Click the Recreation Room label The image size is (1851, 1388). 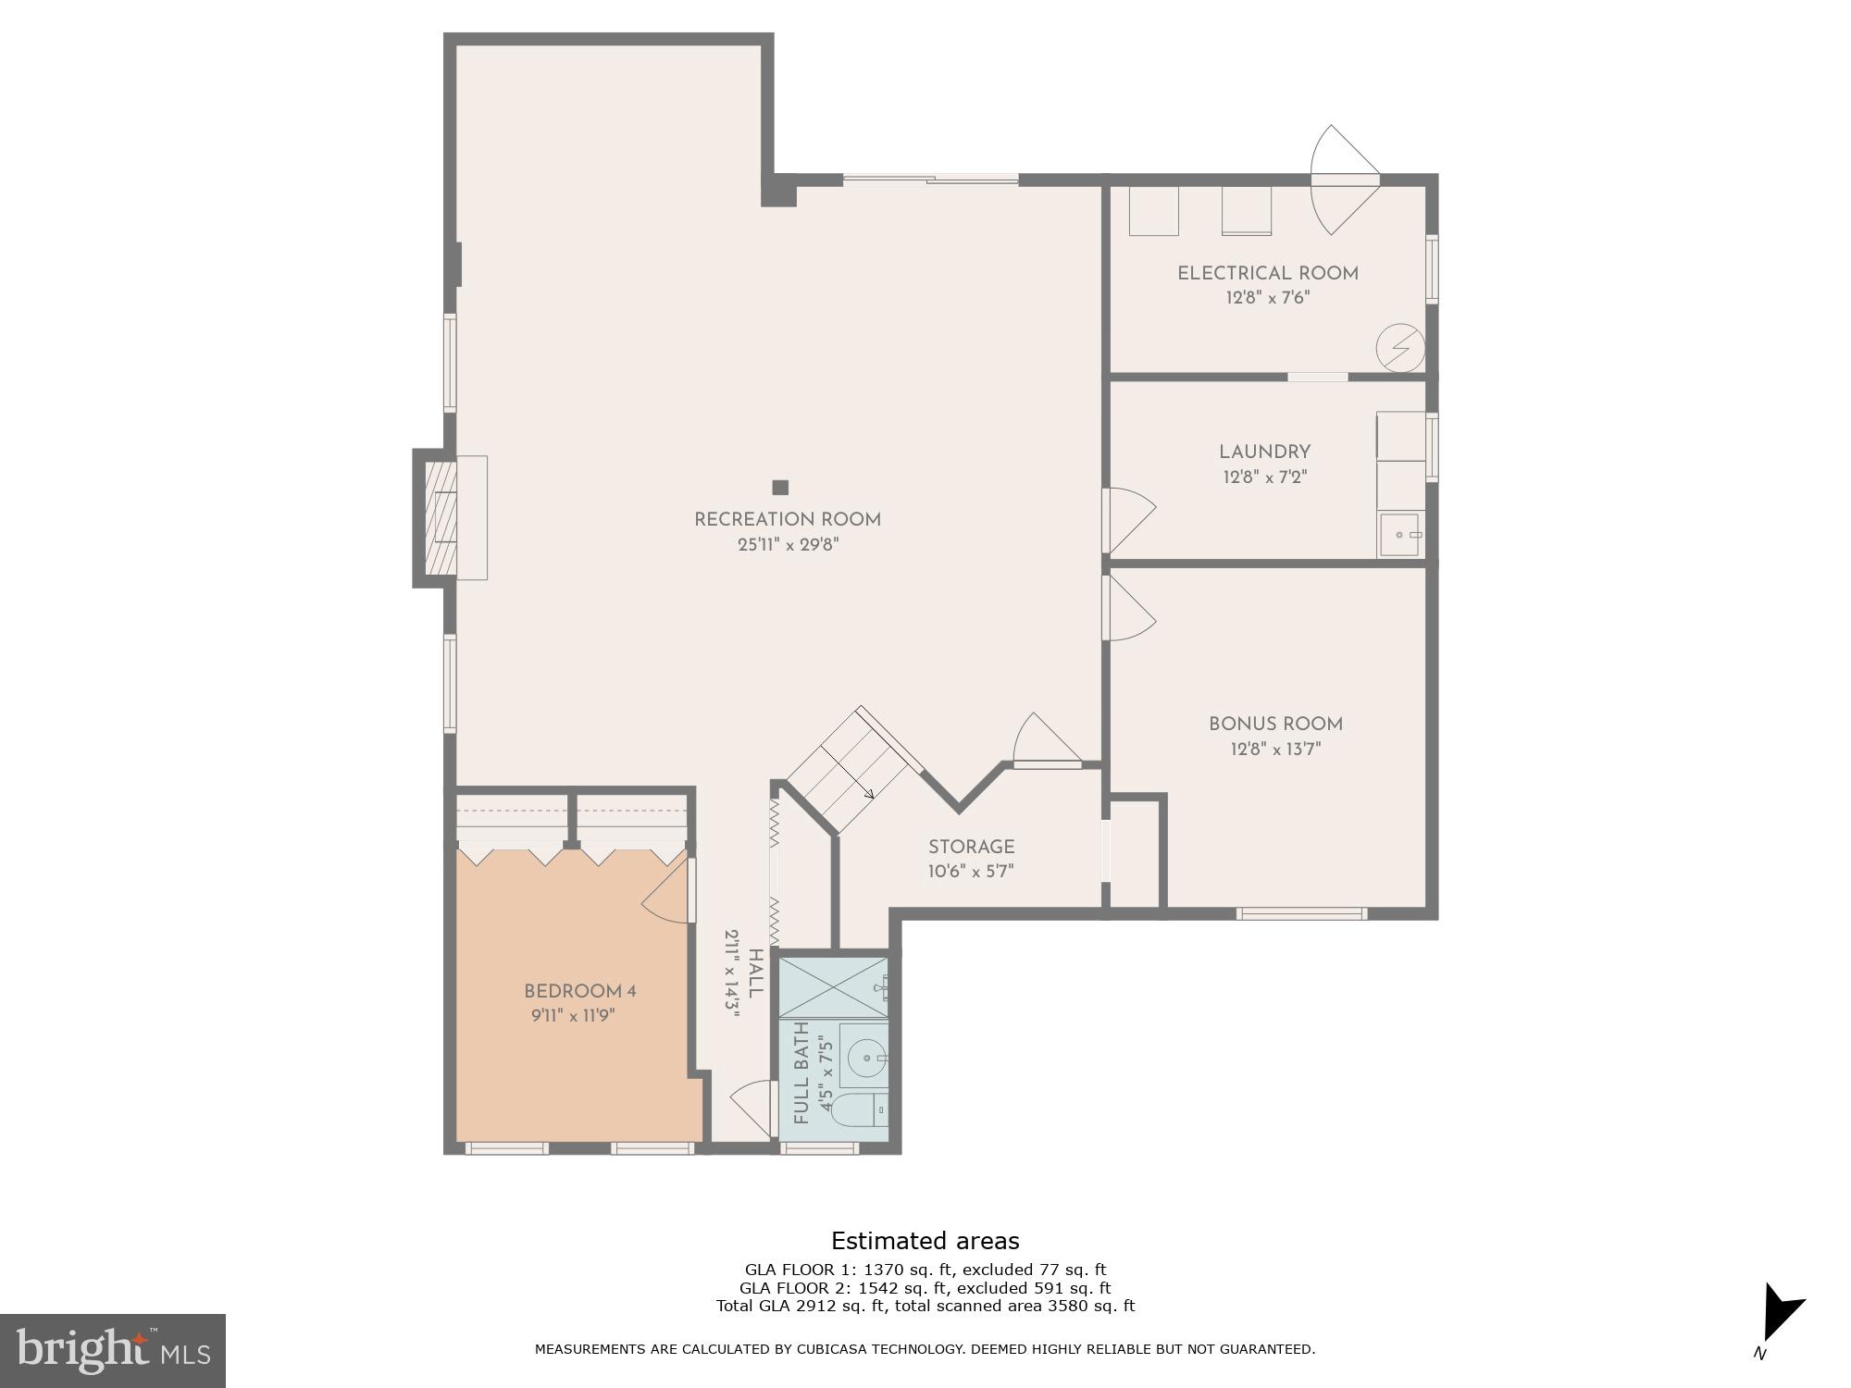pos(788,520)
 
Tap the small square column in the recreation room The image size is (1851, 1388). pos(780,488)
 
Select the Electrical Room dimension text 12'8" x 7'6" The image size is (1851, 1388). pos(1267,298)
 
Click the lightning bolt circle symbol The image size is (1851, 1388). pos(1398,347)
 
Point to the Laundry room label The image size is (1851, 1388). pos(1264,452)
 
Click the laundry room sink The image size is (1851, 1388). pos(1399,536)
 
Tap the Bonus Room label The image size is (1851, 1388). pos(1275,725)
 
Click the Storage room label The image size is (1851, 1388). pos(971,847)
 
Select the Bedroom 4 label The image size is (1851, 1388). pos(579,991)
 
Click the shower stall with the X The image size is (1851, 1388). pos(833,987)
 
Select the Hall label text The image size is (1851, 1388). pos(755,973)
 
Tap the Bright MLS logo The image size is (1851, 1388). pos(113,1350)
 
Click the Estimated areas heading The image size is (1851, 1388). pos(925,1241)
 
